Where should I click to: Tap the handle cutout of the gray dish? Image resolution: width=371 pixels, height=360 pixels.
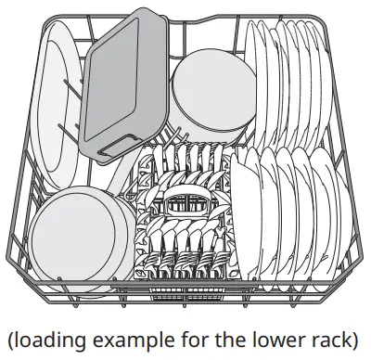(x=114, y=142)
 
